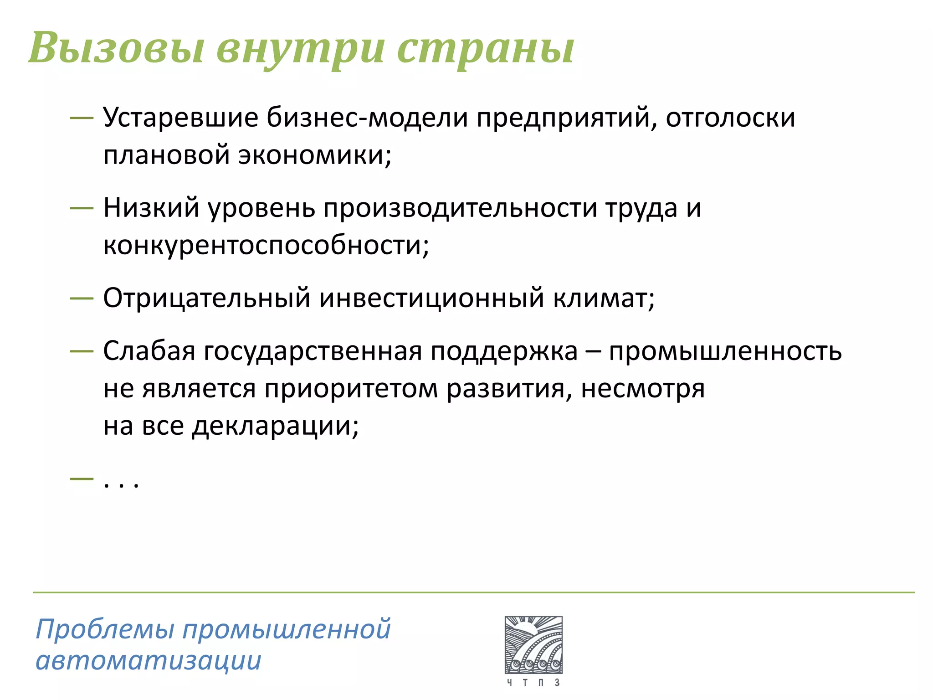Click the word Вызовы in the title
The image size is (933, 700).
[116, 48]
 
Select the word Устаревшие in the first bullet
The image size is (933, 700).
[180, 118]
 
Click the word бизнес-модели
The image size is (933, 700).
[367, 118]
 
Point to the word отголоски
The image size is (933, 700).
[730, 118]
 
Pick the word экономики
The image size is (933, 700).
[314, 155]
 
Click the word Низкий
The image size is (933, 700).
[151, 208]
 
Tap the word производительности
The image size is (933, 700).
[460, 208]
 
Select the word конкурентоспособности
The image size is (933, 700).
[266, 245]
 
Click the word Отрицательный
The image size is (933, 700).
[207, 298]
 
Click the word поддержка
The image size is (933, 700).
[504, 352]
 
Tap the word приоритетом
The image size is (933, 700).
[351, 389]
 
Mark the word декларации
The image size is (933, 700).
[275, 427]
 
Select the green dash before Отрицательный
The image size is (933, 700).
[82, 299]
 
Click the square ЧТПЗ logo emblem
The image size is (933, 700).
[533, 645]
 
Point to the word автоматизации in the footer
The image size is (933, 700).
[149, 661]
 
